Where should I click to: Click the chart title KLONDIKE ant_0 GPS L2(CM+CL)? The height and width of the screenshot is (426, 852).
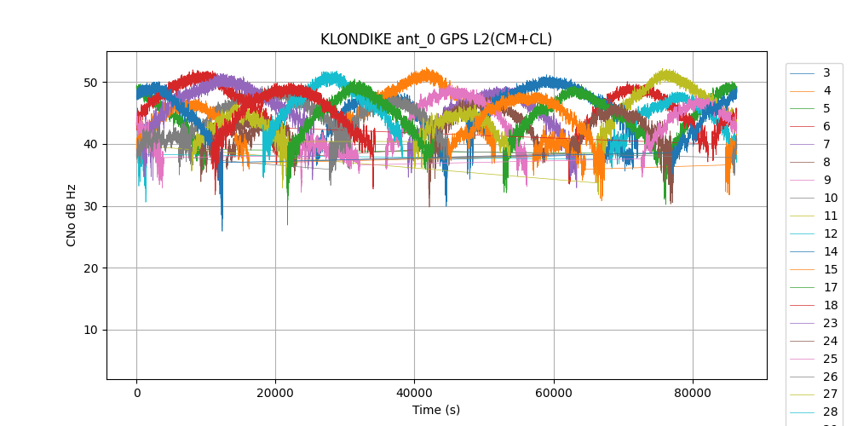coord(435,39)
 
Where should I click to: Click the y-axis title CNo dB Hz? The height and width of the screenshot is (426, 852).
coord(72,215)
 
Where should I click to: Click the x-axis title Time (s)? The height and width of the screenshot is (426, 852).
coord(435,410)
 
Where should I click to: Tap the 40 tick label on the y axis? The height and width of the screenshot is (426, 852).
coord(91,144)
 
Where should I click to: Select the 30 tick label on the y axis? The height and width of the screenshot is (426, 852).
coord(91,206)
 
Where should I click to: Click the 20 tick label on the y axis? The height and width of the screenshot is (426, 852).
coord(91,268)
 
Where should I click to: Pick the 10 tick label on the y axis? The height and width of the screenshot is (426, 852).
coord(91,331)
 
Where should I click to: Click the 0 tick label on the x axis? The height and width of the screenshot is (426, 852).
coord(136,393)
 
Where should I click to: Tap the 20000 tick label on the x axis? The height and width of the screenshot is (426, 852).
coord(275,393)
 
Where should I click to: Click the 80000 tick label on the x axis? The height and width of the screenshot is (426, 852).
coord(692,393)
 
